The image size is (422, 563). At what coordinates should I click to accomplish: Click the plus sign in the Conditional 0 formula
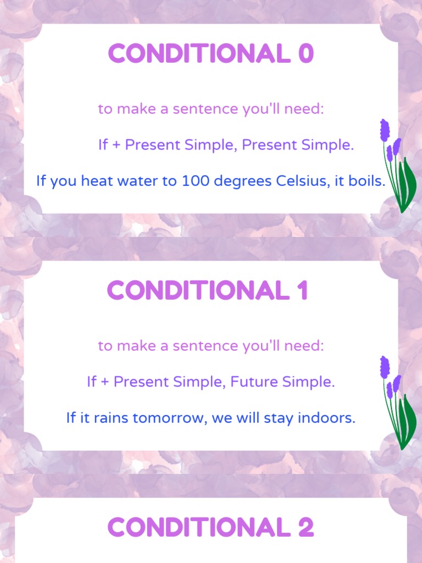tap(116, 145)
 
